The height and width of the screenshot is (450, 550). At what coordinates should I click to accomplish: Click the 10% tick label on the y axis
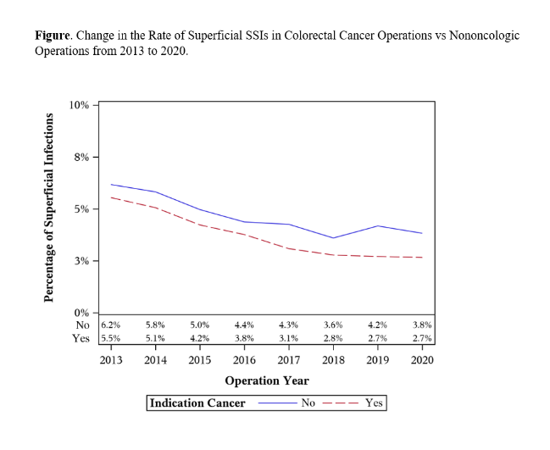80,105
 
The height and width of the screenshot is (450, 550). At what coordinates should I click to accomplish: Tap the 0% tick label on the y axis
82,314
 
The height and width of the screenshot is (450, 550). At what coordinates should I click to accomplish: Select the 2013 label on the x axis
111,360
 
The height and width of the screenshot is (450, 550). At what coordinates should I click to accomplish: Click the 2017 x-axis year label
289,360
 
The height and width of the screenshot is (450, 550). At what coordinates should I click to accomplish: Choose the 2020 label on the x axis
422,360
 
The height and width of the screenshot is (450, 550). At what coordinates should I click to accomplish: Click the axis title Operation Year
266,381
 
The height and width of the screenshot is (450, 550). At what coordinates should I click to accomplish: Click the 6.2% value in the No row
111,325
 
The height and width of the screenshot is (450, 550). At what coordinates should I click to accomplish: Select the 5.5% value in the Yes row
111,338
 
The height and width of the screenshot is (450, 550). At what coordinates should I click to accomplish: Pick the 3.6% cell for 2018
333,325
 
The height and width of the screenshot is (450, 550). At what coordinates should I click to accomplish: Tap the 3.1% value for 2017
289,338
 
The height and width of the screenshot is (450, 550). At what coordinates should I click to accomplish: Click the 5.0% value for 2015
200,325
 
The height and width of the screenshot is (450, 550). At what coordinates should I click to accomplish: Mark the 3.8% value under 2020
422,325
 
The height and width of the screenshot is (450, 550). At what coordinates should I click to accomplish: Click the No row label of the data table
82,325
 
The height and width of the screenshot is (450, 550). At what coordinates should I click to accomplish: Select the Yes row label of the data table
82,338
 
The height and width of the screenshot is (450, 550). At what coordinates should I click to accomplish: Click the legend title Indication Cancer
197,403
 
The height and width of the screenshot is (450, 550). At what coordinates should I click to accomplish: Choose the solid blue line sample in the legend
275,403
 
